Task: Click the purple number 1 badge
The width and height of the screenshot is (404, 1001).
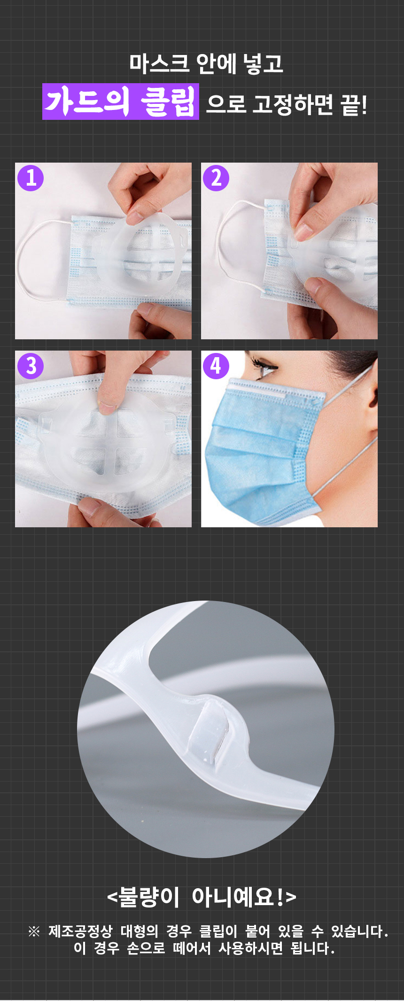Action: coord(31,178)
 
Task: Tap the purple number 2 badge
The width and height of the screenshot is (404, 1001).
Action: coord(216,178)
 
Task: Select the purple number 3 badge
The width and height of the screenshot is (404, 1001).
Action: coord(31,366)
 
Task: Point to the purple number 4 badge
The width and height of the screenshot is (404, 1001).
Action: coord(216,366)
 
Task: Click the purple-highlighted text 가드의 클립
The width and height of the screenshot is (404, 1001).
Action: coord(121,102)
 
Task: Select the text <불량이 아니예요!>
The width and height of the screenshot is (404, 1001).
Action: coord(202,897)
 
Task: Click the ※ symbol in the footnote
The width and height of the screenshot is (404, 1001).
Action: coord(34,931)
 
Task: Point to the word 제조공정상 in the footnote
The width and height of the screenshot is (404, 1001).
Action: coord(80,931)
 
